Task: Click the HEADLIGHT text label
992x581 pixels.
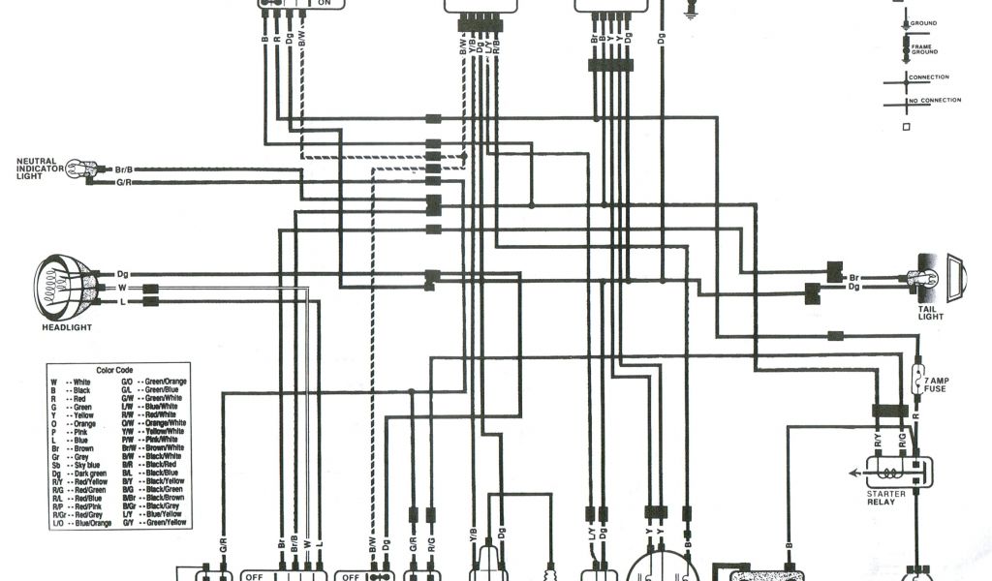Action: [x=67, y=327]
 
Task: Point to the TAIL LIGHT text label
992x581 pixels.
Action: [x=931, y=312]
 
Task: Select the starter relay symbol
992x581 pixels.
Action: [x=898, y=473]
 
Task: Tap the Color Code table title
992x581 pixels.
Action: [x=118, y=370]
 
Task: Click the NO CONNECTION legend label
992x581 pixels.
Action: [x=935, y=101]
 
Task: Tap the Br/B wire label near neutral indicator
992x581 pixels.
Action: [x=124, y=168]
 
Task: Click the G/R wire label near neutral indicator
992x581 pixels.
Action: [x=124, y=182]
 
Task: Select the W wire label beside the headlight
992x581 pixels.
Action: [x=122, y=288]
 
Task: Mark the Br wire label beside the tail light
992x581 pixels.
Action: [x=853, y=276]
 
